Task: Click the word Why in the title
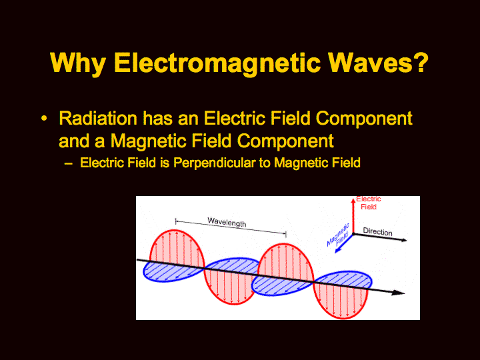(78, 64)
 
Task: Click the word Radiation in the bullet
(98, 118)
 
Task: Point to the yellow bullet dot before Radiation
(45, 118)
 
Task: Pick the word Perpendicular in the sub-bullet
(214, 163)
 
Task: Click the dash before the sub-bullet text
(68, 164)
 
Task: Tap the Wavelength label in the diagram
(227, 222)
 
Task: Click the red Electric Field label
(368, 203)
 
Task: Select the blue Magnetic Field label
(338, 235)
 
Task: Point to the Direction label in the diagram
(377, 232)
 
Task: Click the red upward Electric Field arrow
(353, 215)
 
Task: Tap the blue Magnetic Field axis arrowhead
(338, 250)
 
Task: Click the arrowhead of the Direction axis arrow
(404, 240)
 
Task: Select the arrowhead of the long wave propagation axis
(398, 293)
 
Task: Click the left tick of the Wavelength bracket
(176, 221)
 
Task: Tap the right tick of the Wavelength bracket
(286, 235)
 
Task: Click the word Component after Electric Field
(364, 119)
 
